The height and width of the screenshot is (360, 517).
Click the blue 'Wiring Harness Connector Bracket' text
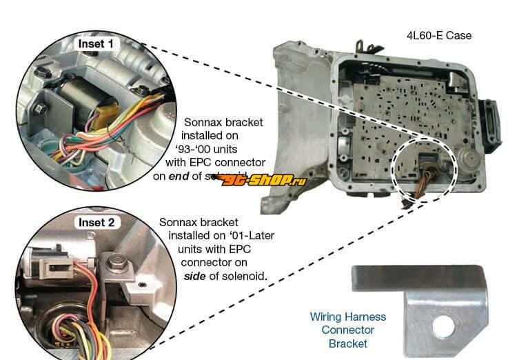348,330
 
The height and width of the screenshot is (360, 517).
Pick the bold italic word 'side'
196,275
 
